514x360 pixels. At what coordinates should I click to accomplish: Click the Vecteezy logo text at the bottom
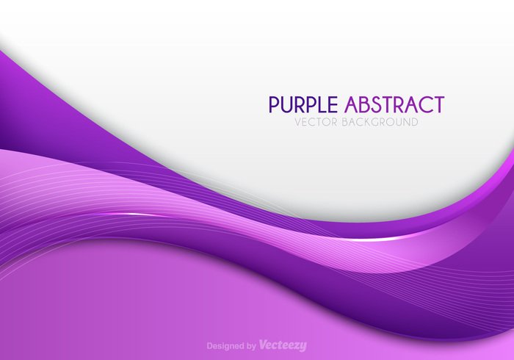point(283,345)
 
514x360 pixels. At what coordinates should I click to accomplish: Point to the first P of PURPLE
point(275,104)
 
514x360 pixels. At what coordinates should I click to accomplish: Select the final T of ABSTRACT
point(438,104)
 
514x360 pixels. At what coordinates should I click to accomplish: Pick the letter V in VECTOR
point(297,122)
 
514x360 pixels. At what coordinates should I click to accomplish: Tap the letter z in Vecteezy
point(296,345)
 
